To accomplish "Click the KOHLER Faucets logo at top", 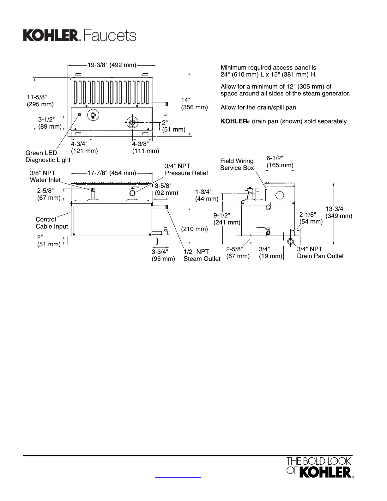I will point(79,35).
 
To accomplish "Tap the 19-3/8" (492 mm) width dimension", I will point(112,65).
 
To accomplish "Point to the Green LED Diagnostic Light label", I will point(48,156).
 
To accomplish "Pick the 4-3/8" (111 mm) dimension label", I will point(145,147).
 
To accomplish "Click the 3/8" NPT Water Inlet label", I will point(45,176).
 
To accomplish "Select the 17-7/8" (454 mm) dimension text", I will point(112,173).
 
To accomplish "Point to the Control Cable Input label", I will point(51,223).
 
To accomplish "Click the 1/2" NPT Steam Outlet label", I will point(202,255).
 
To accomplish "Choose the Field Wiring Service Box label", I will point(237,164).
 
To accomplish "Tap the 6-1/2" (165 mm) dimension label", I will point(280,162).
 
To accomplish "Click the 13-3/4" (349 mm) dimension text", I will point(339,212).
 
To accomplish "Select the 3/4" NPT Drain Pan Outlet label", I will point(320,253).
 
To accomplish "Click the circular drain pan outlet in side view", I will point(291,241).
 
